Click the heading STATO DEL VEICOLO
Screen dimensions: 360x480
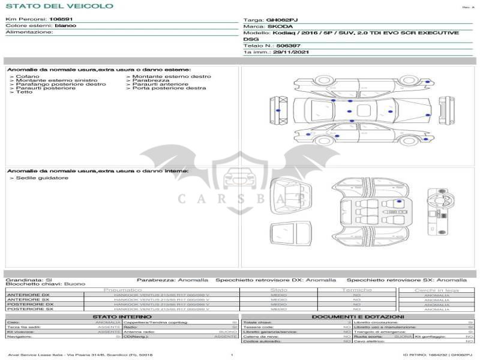[59, 6]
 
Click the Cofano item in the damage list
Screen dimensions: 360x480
[28, 77]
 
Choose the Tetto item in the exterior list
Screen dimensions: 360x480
[25, 92]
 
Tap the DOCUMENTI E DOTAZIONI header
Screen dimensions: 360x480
[358, 316]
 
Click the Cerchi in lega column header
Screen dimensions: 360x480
[436, 290]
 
